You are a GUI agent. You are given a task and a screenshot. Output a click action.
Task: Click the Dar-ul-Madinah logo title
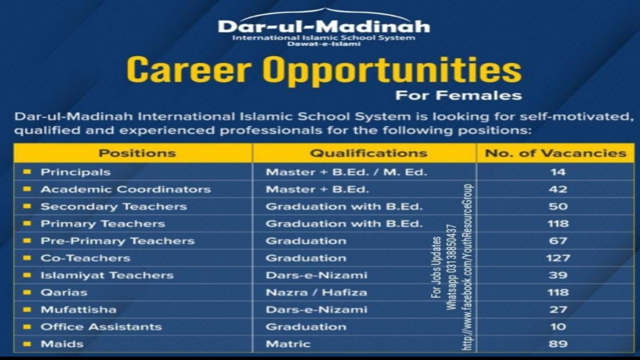pos(323,26)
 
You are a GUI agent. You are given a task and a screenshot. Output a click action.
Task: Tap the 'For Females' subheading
pos(458,95)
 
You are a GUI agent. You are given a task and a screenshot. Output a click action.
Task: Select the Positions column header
pos(137,153)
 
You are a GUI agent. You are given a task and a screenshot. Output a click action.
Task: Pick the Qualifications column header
pos(368,153)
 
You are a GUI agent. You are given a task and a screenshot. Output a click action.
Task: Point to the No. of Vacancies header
pos(555,153)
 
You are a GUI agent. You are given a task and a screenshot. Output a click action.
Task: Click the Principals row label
pos(75,172)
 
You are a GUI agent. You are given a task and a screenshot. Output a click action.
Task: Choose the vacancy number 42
pos(558,189)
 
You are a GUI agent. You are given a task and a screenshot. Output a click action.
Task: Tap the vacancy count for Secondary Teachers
pos(558,206)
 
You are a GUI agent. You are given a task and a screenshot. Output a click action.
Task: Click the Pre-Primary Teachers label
pos(117,241)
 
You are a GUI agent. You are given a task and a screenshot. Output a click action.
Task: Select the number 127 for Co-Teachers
pos(558,258)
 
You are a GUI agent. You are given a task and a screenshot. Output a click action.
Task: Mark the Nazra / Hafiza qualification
pos(316,292)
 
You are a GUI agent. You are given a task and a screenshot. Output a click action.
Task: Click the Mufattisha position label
pos(78,309)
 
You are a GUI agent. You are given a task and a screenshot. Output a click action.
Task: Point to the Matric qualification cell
pos(288,344)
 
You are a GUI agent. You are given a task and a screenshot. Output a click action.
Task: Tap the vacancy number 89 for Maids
pos(558,344)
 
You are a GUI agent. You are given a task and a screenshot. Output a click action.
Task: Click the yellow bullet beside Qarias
pos(27,292)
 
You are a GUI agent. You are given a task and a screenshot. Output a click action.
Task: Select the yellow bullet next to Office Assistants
pos(27,326)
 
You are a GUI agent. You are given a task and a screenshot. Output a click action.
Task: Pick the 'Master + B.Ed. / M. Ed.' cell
pos(346,172)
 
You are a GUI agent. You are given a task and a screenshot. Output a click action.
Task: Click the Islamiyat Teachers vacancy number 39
pos(558,275)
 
